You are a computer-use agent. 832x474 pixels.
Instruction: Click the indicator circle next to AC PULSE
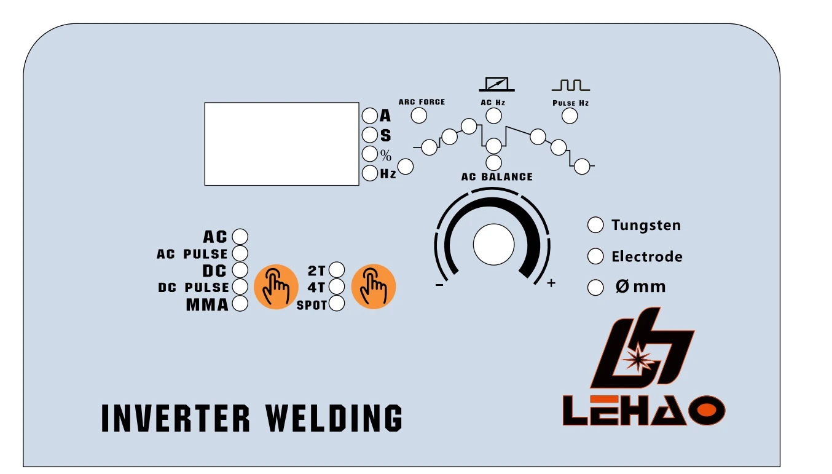click(x=240, y=253)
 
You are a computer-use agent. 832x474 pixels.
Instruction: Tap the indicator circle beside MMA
click(x=240, y=304)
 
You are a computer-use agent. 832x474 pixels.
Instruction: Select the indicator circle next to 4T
click(x=337, y=286)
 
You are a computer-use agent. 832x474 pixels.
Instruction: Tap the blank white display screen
click(x=281, y=144)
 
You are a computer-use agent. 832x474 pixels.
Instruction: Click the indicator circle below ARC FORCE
click(x=419, y=116)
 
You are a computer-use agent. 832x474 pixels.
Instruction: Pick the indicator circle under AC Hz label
click(x=493, y=116)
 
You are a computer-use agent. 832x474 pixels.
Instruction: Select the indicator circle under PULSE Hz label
click(x=570, y=116)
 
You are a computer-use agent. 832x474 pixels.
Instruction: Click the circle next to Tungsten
click(x=595, y=225)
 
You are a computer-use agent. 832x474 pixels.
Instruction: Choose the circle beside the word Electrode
click(x=595, y=256)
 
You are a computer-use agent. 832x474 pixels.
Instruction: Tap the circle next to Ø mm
click(x=595, y=288)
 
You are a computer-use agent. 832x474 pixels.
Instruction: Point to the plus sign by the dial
click(x=551, y=283)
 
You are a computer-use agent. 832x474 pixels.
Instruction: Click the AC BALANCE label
click(x=497, y=177)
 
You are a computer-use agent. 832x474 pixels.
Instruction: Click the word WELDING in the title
click(x=334, y=418)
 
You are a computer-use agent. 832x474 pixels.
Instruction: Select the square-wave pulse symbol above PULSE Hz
click(x=570, y=85)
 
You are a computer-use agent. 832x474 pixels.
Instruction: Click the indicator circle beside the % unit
click(x=369, y=154)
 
